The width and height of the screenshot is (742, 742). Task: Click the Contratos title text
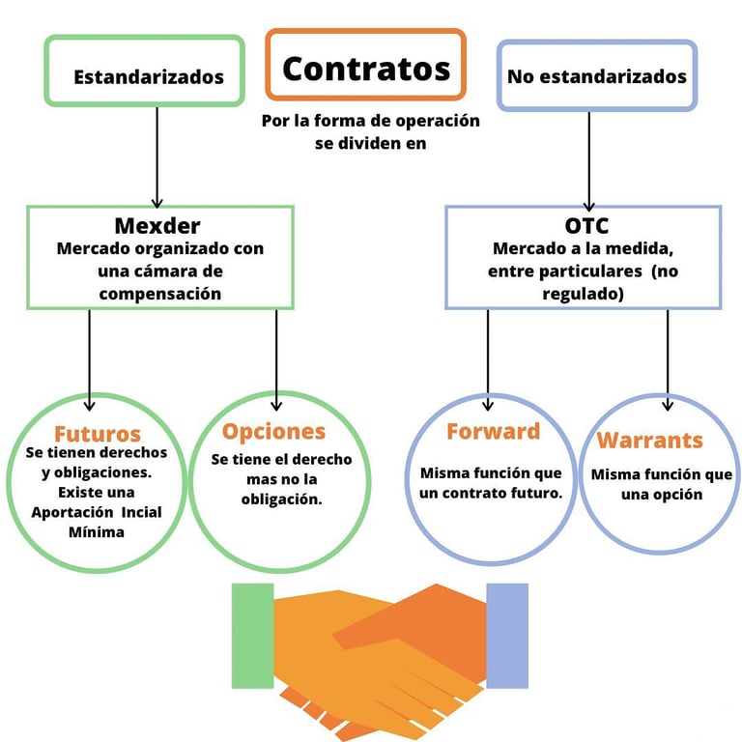coord(366,69)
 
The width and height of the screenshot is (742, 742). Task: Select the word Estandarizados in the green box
coord(149,77)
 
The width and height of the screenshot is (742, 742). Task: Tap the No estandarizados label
coord(597,76)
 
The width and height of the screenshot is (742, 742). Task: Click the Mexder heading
coord(157,226)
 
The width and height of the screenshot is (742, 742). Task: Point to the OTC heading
coord(586,226)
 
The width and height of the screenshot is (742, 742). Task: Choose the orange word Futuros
coord(98,434)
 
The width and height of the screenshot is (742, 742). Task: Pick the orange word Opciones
coord(274,432)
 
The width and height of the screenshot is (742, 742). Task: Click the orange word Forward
coord(493,431)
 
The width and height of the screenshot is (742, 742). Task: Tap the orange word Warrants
coord(649,441)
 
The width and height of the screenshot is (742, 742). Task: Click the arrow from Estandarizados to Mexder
coord(157,157)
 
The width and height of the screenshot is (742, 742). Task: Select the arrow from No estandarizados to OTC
coord(589,161)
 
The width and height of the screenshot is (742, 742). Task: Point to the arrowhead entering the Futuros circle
coord(90,406)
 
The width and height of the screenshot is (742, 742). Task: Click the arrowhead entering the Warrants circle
coord(668,406)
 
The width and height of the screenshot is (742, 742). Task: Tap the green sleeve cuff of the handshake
coord(253,636)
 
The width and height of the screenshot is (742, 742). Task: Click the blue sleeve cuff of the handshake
coord(507,636)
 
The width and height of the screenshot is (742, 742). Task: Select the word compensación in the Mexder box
coord(160,294)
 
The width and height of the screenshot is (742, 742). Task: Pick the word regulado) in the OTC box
coord(583,294)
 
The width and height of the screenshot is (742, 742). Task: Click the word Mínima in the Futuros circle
coord(97,532)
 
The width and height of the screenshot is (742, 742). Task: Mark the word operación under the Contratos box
coord(438,121)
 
